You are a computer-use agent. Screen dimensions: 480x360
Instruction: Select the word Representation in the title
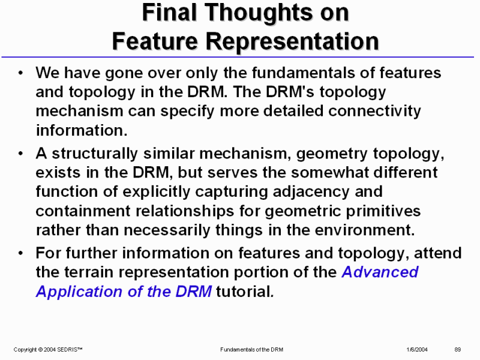(x=292, y=41)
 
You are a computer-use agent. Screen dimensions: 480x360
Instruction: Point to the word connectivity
(x=374, y=111)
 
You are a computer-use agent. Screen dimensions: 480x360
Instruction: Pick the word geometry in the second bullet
(x=332, y=154)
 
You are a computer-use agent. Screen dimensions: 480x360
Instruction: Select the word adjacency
(x=311, y=192)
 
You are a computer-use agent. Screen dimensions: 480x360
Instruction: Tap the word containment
(x=83, y=211)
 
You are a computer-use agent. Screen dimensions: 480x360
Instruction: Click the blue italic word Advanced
(x=380, y=272)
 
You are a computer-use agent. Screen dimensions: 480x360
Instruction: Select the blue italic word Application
(x=79, y=292)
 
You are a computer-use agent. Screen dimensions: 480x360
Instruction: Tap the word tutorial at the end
(x=245, y=292)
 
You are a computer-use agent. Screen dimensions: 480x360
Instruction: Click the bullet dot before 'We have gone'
(x=20, y=73)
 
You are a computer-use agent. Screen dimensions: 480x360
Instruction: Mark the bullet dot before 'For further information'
(x=20, y=253)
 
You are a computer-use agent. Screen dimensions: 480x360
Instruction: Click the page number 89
(x=458, y=350)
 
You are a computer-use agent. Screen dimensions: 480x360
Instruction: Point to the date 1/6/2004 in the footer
(x=417, y=350)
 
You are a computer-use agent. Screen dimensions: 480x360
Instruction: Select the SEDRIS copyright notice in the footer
(x=48, y=350)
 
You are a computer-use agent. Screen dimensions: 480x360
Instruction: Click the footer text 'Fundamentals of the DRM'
(x=251, y=350)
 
